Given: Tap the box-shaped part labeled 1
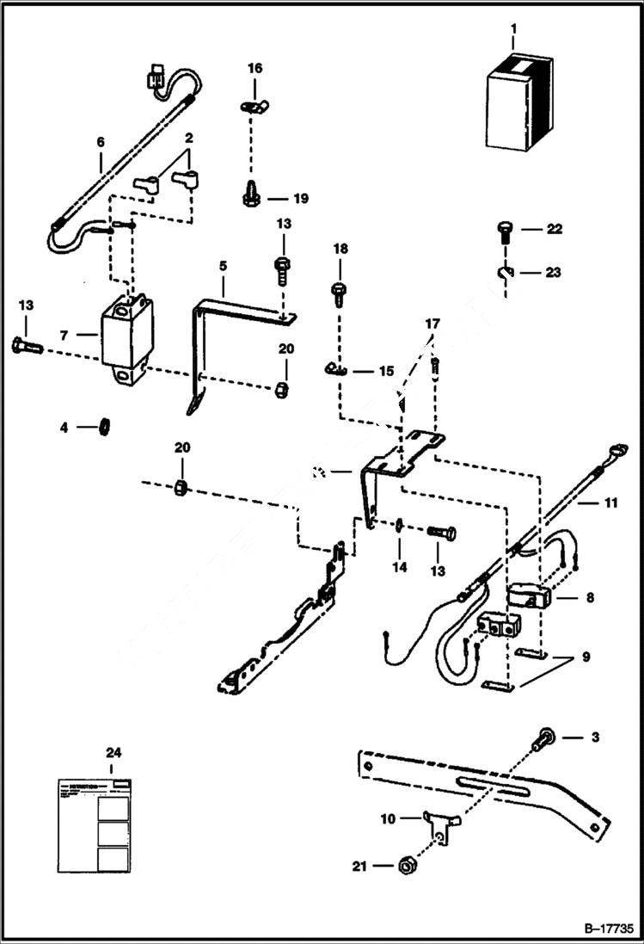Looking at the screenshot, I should point(518,102).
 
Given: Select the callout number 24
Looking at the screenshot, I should point(113,751).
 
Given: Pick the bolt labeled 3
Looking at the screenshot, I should point(542,740).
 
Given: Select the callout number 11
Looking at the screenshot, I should point(610,502).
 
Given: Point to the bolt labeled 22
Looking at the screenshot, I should point(505,230).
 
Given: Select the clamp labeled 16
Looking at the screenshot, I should point(249,107).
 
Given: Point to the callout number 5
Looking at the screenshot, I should point(223,266).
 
